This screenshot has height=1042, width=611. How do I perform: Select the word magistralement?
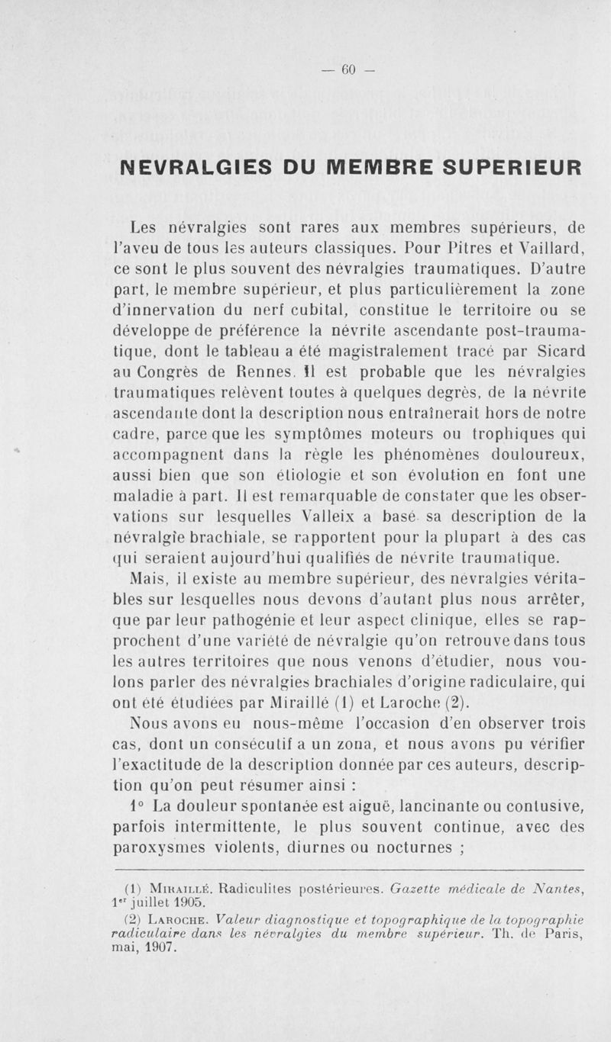pyautogui.click(x=354, y=352)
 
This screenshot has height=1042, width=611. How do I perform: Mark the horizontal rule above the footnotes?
pyautogui.click(x=348, y=870)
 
